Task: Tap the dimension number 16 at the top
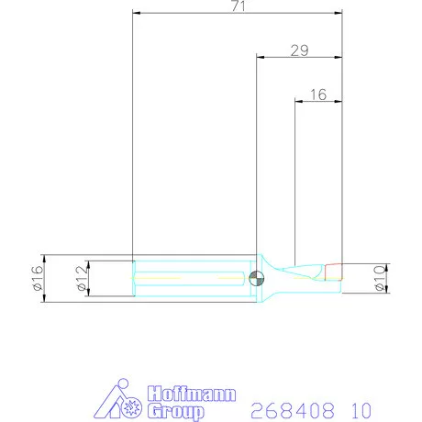[318, 94]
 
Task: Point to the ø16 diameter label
[38, 277]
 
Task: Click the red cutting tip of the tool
[332, 272]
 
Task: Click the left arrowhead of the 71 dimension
[137, 14]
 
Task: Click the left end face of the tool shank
[134, 277]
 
